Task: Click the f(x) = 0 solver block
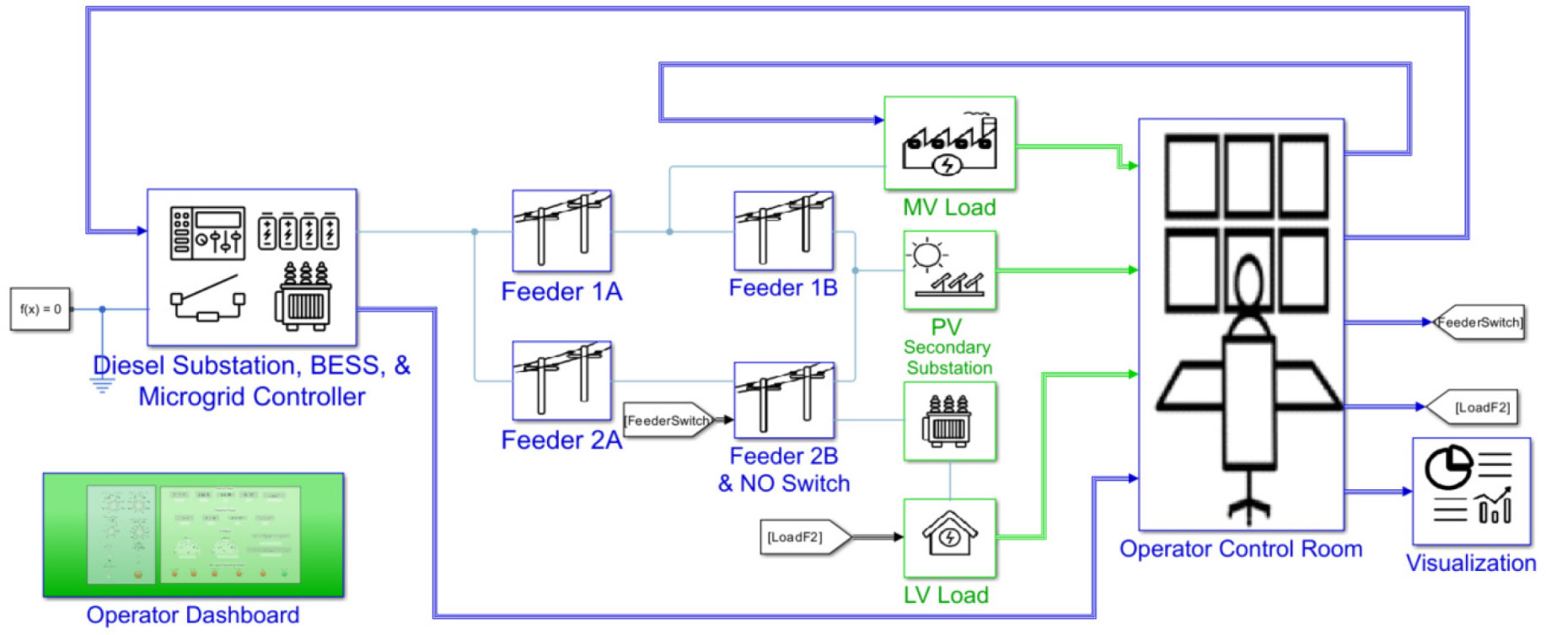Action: [40, 309]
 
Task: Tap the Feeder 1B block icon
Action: [783, 231]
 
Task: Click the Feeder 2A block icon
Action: [561, 381]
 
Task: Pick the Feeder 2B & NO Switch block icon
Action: [784, 400]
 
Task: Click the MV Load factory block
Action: [949, 143]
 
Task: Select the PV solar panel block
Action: [949, 270]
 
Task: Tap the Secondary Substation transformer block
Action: [949, 421]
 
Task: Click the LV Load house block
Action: [949, 537]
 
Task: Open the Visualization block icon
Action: [1470, 491]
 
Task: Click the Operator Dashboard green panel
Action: [193, 536]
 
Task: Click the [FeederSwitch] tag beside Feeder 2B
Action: [668, 420]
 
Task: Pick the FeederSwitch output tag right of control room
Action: [1479, 323]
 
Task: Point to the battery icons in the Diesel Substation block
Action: [298, 230]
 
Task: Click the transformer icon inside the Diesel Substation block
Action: [303, 296]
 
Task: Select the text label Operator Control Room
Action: [1240, 549]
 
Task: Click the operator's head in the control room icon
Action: [1248, 282]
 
